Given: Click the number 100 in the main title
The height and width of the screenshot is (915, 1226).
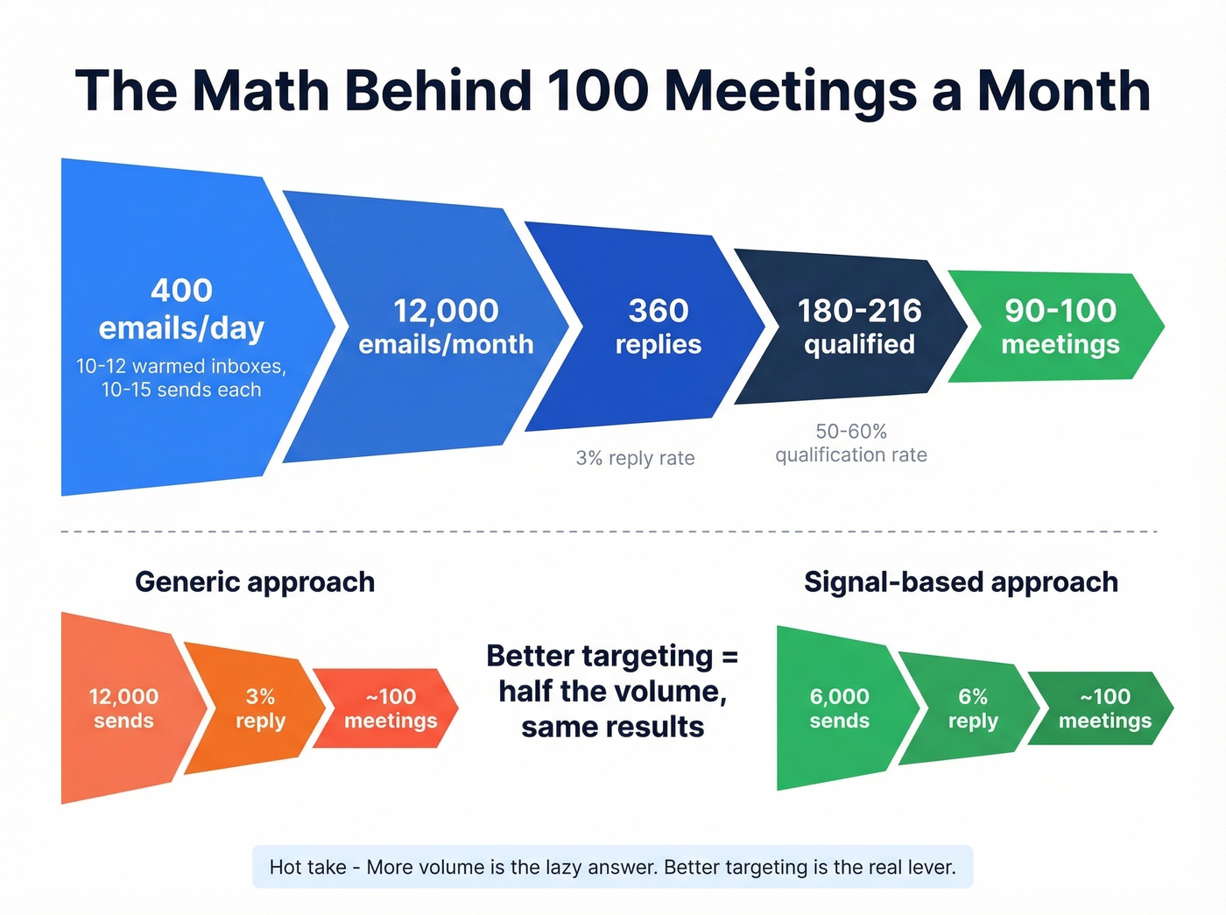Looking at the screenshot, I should pyautogui.click(x=597, y=90).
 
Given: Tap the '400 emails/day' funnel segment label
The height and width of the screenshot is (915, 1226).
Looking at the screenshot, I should pyautogui.click(x=181, y=309).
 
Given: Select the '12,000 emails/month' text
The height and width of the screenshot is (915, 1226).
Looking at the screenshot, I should pyautogui.click(x=446, y=327).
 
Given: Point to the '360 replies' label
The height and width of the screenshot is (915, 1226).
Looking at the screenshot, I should pyautogui.click(x=659, y=327).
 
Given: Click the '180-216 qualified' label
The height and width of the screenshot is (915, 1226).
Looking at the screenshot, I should pyautogui.click(x=859, y=327).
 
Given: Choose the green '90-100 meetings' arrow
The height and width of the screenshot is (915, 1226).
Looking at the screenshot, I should pyautogui.click(x=1060, y=327).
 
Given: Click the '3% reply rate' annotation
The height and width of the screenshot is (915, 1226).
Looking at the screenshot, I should pyautogui.click(x=635, y=458).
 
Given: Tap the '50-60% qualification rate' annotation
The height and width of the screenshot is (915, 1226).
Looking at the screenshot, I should pyautogui.click(x=850, y=443).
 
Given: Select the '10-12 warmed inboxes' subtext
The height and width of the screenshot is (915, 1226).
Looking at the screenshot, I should pyautogui.click(x=181, y=366).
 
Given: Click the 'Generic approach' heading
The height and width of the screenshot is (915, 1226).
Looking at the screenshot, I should pyautogui.click(x=255, y=582).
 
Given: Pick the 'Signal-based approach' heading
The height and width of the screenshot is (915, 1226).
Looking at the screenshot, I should pyautogui.click(x=961, y=582).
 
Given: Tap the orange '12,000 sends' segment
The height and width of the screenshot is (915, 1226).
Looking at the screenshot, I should pyautogui.click(x=123, y=708).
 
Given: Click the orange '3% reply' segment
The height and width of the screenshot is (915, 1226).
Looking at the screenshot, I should pyautogui.click(x=260, y=708).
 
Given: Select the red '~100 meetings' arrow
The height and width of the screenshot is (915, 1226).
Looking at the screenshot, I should pyautogui.click(x=391, y=708).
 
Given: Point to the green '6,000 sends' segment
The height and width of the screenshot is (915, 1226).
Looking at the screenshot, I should pyautogui.click(x=839, y=708).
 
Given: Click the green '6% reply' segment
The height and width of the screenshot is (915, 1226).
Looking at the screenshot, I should pyautogui.click(x=973, y=708).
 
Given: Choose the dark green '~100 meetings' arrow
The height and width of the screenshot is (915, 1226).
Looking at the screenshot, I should pyautogui.click(x=1105, y=708).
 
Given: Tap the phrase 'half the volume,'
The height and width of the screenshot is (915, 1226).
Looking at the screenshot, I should pyautogui.click(x=612, y=692).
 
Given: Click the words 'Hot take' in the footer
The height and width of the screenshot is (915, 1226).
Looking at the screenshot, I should pyautogui.click(x=307, y=867).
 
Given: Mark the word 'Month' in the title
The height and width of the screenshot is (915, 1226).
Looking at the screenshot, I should pyautogui.click(x=1063, y=90).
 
